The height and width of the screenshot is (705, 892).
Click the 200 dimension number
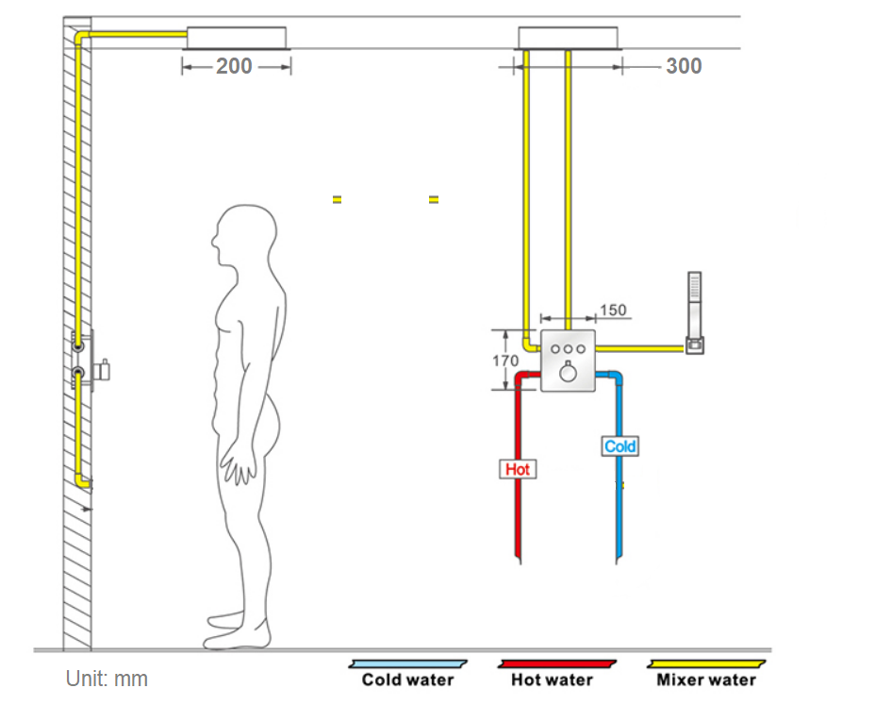coord(234,66)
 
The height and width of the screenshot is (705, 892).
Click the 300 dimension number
coord(684,66)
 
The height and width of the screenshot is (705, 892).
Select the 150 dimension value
coord(613,311)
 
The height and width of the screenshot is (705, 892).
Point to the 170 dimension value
coord(505,361)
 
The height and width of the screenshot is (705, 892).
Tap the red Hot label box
coord(518,468)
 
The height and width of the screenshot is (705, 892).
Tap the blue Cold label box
coord(620,445)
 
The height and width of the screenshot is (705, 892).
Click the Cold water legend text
coord(407,680)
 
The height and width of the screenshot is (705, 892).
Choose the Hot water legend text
coord(552,680)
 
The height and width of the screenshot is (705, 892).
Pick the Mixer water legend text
coord(706,680)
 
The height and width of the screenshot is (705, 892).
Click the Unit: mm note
coord(107,679)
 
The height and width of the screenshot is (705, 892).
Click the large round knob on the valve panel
coord(569,373)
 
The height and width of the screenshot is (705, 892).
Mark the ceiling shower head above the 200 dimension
coord(236,38)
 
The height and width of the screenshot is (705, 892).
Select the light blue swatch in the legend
coord(408,663)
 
